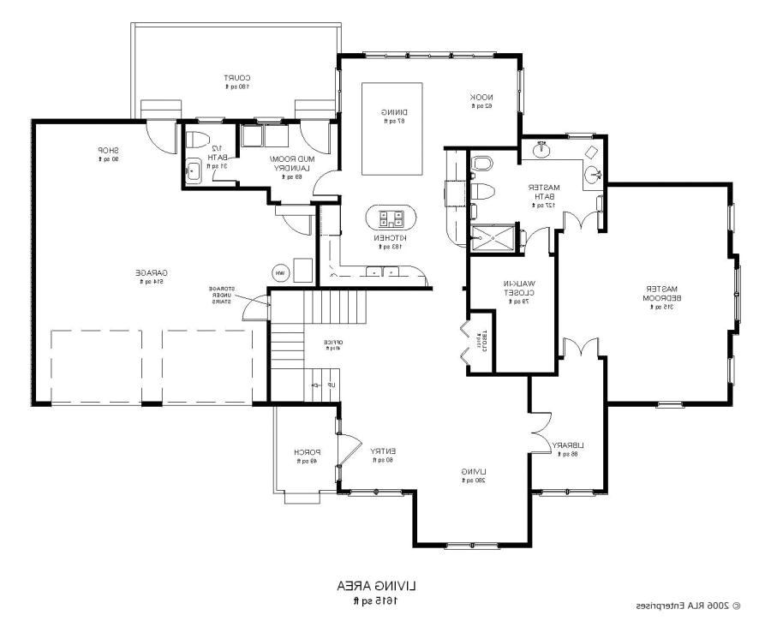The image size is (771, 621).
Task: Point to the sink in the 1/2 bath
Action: pyautogui.click(x=194, y=170)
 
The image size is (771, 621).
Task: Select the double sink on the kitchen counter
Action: pyautogui.click(x=381, y=272)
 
